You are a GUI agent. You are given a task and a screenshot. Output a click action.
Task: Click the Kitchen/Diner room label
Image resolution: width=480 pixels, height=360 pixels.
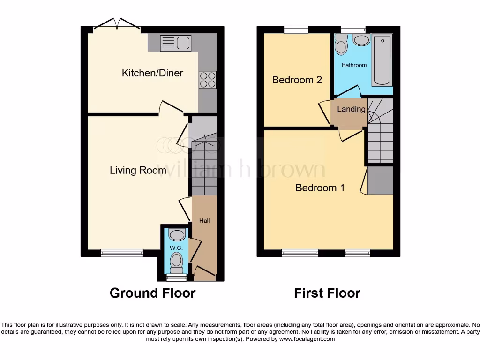(x=152, y=73)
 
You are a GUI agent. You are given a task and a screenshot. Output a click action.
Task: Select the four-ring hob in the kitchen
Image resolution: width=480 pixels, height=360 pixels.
(x=208, y=79)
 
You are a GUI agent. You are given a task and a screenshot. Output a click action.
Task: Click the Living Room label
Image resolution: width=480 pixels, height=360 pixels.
(x=138, y=170)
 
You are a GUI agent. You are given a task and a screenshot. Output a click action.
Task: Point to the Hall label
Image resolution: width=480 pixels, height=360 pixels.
(x=204, y=221)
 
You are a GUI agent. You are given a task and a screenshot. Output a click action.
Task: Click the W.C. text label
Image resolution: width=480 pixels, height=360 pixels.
(x=176, y=247)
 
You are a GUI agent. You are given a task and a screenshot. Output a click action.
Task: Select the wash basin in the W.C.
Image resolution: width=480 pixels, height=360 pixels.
(x=177, y=234)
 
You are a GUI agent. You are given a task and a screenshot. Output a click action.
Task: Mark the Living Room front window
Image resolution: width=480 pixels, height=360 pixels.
(x=122, y=253)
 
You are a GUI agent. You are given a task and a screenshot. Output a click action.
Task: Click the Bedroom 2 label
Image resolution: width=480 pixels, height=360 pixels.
(x=297, y=80)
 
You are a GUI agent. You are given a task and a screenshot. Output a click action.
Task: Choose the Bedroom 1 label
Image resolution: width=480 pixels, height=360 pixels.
(x=320, y=188)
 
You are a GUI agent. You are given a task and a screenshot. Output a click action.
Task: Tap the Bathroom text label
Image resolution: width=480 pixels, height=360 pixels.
(x=354, y=65)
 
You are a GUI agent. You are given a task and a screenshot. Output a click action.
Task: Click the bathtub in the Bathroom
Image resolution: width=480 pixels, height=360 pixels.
(x=382, y=61)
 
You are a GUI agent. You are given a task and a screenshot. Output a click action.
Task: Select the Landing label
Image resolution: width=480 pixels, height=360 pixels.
(x=351, y=109)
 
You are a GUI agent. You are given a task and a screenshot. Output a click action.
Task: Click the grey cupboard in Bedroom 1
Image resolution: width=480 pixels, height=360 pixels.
(x=380, y=180)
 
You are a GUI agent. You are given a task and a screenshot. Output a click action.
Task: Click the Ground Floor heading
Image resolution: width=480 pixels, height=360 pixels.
(x=152, y=293)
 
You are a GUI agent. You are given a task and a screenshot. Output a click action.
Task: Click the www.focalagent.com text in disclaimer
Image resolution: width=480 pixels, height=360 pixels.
(x=307, y=339)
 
